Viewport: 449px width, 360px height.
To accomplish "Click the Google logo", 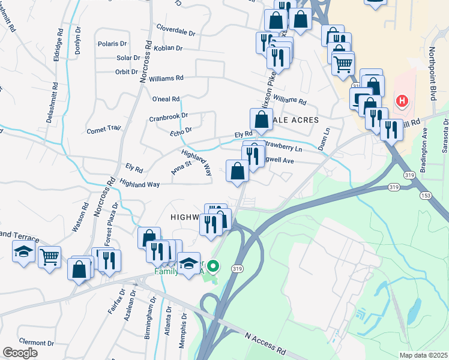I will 20,353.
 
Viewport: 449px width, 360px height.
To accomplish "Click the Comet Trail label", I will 104,130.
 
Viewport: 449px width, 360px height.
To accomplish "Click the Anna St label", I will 181,166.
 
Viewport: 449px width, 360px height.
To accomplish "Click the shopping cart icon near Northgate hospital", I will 342,63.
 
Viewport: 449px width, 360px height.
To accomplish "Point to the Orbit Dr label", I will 127,72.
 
